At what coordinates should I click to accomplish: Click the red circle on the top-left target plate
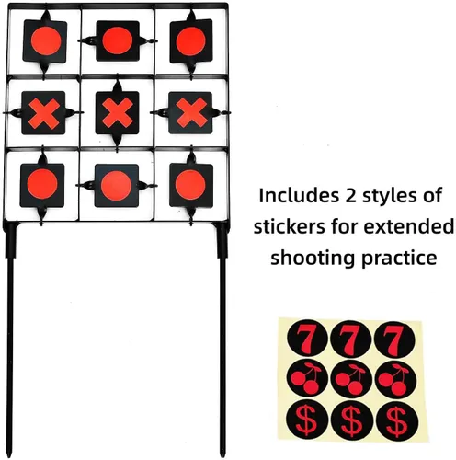coord(46,40)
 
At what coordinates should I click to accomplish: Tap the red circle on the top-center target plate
coord(118,40)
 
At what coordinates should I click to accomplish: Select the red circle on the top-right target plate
coord(190,41)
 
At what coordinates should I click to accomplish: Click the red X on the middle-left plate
coord(44,113)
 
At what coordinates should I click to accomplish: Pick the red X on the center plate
coord(118,113)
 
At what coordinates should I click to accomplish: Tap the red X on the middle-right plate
coord(191,113)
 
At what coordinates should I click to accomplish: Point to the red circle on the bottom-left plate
coord(42,184)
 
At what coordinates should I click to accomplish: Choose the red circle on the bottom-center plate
coord(117,186)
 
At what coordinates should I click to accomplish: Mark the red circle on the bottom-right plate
coord(190,185)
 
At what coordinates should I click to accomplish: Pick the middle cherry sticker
coord(352,379)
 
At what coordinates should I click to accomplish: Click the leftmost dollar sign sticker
coord(307,419)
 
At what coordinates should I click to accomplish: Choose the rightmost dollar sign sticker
coord(397,420)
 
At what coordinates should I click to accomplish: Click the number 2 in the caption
coord(351,196)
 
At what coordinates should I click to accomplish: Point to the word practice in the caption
coord(399,259)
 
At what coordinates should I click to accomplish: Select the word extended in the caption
coord(414,227)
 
